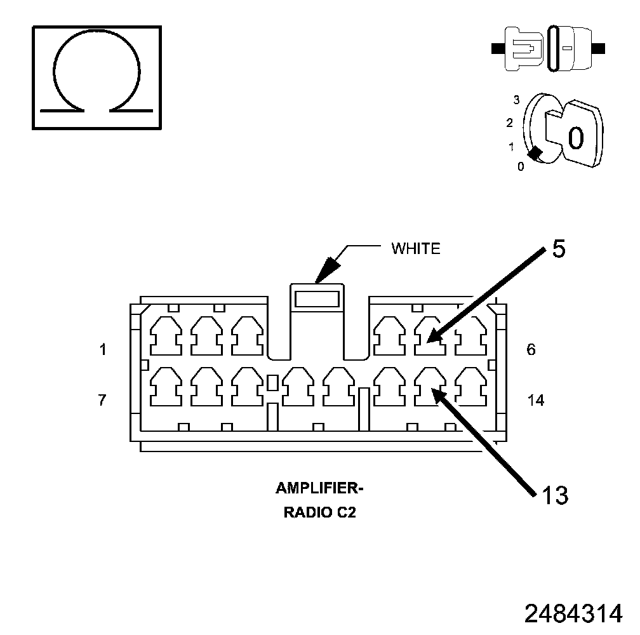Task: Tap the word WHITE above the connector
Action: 415,248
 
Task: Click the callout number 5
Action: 559,249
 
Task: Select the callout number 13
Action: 555,495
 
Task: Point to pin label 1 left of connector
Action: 103,349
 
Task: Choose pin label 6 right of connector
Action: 531,349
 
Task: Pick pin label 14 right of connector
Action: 535,400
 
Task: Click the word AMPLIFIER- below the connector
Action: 319,488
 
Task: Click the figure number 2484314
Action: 573,613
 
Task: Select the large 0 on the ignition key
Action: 575,137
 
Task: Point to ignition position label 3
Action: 517,100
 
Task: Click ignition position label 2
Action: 510,123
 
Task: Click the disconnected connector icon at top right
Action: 549,48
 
